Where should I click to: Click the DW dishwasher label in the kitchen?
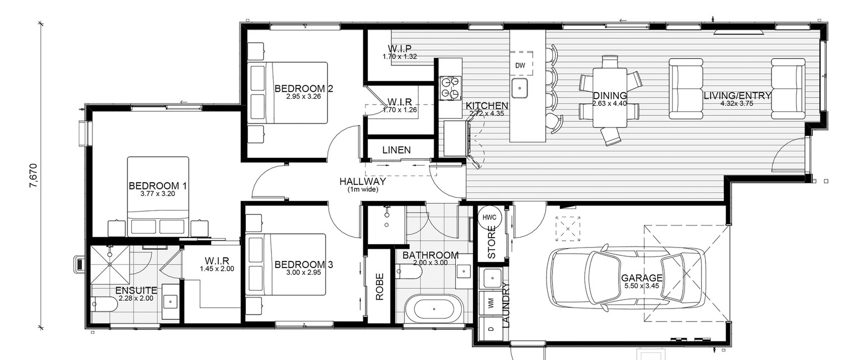520,66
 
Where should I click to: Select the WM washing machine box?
491,304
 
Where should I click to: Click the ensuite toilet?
104,304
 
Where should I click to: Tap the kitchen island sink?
520,86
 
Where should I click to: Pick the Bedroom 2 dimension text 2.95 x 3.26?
303,96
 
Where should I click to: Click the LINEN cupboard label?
397,150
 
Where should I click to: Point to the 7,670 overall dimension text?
34,176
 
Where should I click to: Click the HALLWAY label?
363,181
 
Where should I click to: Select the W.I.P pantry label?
399,49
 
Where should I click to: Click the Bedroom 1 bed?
158,194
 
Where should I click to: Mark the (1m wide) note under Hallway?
363,189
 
